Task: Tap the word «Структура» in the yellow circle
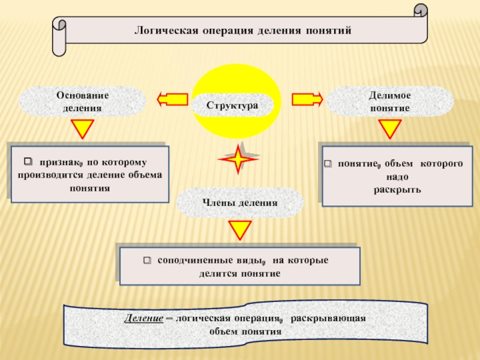[x=232, y=106]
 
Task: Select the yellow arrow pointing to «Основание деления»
[x=172, y=100]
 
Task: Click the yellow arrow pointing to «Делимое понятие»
[x=307, y=100]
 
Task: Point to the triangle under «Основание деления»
[x=82, y=128]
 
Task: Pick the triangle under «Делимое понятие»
[x=389, y=128]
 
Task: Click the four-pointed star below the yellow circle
[x=238, y=159]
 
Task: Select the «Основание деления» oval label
[x=82, y=101]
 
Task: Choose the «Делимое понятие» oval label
[x=389, y=101]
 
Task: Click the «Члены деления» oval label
[x=240, y=203]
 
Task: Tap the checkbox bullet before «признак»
[x=28, y=161]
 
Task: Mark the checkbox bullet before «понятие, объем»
[x=328, y=163]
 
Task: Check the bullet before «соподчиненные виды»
[x=147, y=260]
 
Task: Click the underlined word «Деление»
[x=143, y=319]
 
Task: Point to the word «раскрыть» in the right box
[x=397, y=190]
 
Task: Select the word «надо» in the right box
[x=397, y=176]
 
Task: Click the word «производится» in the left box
[x=50, y=175]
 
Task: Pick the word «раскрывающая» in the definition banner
[x=328, y=319]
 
